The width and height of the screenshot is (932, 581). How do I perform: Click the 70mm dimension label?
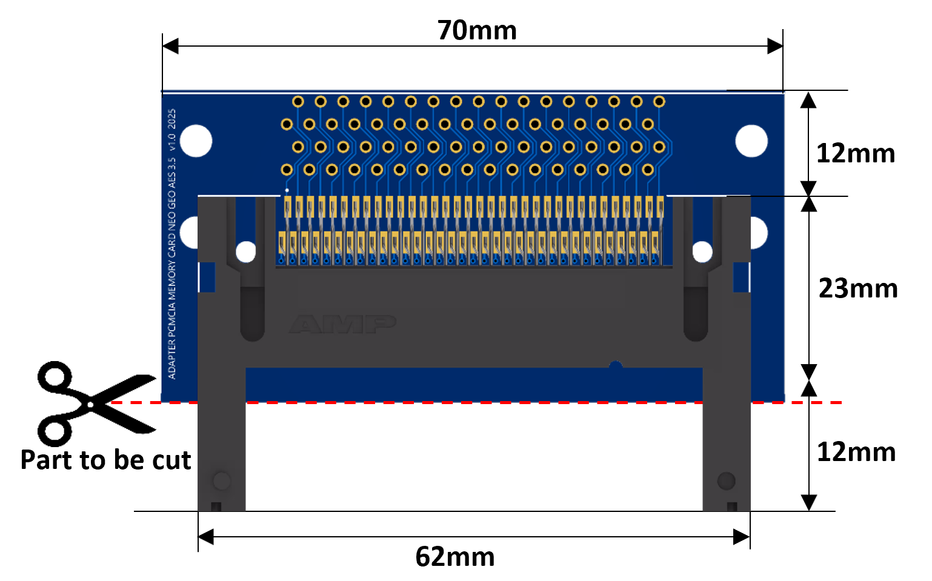click(477, 30)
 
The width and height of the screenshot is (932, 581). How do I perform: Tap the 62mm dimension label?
click(454, 556)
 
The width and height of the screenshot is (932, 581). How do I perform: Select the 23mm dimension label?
click(858, 288)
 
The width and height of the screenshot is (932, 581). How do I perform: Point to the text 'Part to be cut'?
click(105, 460)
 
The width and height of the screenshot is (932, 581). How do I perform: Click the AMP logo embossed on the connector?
click(342, 324)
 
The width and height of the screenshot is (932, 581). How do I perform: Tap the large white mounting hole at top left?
click(196, 141)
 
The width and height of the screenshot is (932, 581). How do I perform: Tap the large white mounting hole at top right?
click(751, 141)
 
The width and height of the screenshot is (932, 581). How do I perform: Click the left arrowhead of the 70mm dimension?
click(170, 46)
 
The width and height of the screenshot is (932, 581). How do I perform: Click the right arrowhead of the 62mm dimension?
click(742, 537)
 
